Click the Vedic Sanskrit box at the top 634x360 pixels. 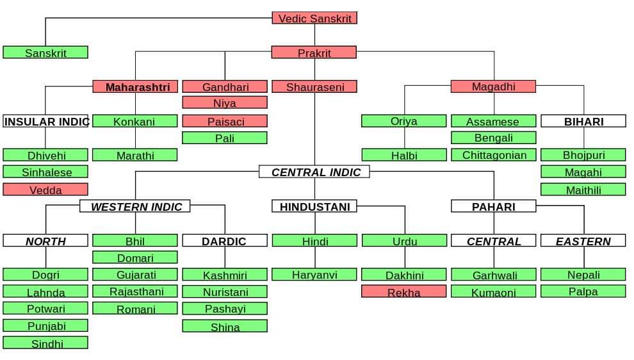[314, 18]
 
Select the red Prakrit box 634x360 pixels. [314, 53]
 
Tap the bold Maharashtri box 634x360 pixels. [135, 86]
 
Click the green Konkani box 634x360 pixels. [135, 121]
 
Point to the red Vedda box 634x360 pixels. [45, 190]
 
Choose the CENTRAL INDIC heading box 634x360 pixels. [314, 172]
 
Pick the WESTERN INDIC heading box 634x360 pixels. [135, 206]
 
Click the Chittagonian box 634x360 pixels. [494, 155]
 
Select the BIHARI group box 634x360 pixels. [583, 121]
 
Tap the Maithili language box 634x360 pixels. [583, 190]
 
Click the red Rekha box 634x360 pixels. [404, 292]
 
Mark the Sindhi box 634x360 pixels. [45, 343]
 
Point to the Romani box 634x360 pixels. [135, 309]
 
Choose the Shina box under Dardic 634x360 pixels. [225, 326]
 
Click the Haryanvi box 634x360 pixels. [314, 275]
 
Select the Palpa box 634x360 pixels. [583, 291]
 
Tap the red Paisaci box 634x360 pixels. [225, 121]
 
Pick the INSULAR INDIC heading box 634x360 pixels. [45, 121]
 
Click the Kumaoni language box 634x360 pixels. [494, 292]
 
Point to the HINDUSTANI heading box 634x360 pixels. [314, 206]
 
